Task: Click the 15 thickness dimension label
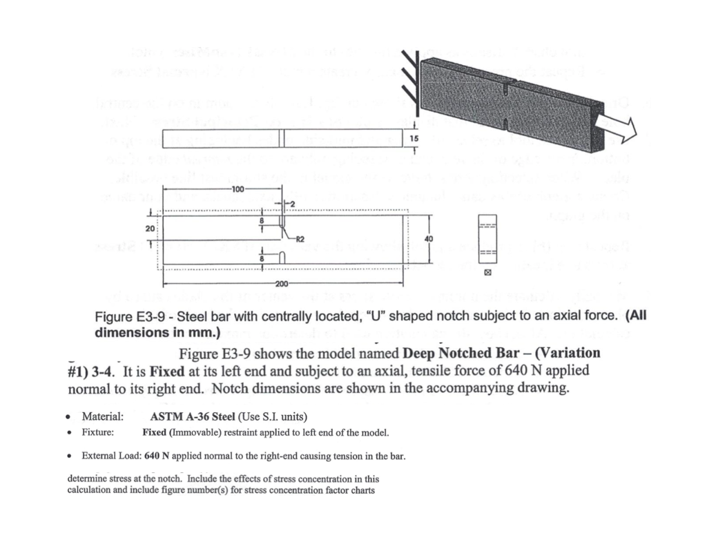pos(414,139)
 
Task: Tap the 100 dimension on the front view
pos(238,189)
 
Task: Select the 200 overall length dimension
pos(281,284)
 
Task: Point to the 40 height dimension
pos(429,238)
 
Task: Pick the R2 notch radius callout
pos(300,240)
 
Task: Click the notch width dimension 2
pos(291,204)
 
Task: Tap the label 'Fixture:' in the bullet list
pos(98,433)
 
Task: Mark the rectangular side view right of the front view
pos(487,239)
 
